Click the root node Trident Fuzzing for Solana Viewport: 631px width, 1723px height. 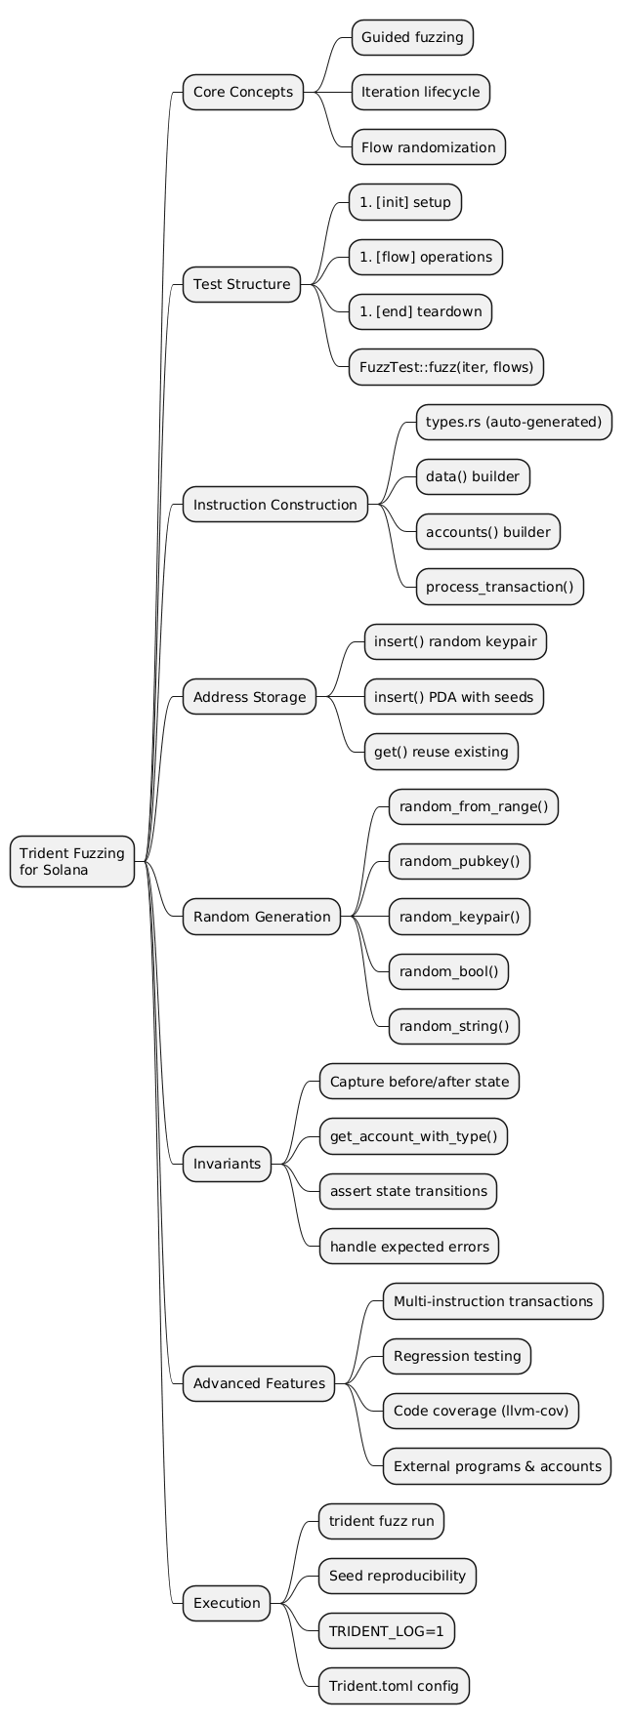coord(71,861)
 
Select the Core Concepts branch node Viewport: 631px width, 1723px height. coord(242,93)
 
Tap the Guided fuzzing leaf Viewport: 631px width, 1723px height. coord(411,38)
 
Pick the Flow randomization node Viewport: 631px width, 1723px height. coord(427,147)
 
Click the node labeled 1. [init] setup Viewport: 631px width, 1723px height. coord(404,202)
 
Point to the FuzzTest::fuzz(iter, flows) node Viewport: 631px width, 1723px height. coord(445,366)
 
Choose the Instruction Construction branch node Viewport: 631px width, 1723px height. coord(274,505)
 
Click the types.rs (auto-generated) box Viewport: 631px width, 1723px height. coord(514,422)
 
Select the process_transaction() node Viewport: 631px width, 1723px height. coord(500,587)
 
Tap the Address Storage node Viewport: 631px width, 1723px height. coord(249,697)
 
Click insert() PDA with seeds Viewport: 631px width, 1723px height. coord(453,697)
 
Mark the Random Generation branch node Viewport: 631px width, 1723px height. coord(261,916)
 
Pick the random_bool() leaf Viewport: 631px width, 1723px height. coord(448,970)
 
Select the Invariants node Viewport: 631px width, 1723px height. coord(227,1163)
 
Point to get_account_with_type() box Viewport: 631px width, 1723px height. coord(419,1135)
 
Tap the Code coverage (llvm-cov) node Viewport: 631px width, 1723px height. coord(482,1411)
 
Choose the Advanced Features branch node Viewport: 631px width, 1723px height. coord(259,1383)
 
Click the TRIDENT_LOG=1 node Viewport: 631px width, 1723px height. coord(387,1630)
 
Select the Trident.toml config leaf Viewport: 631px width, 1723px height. coord(394,1686)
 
